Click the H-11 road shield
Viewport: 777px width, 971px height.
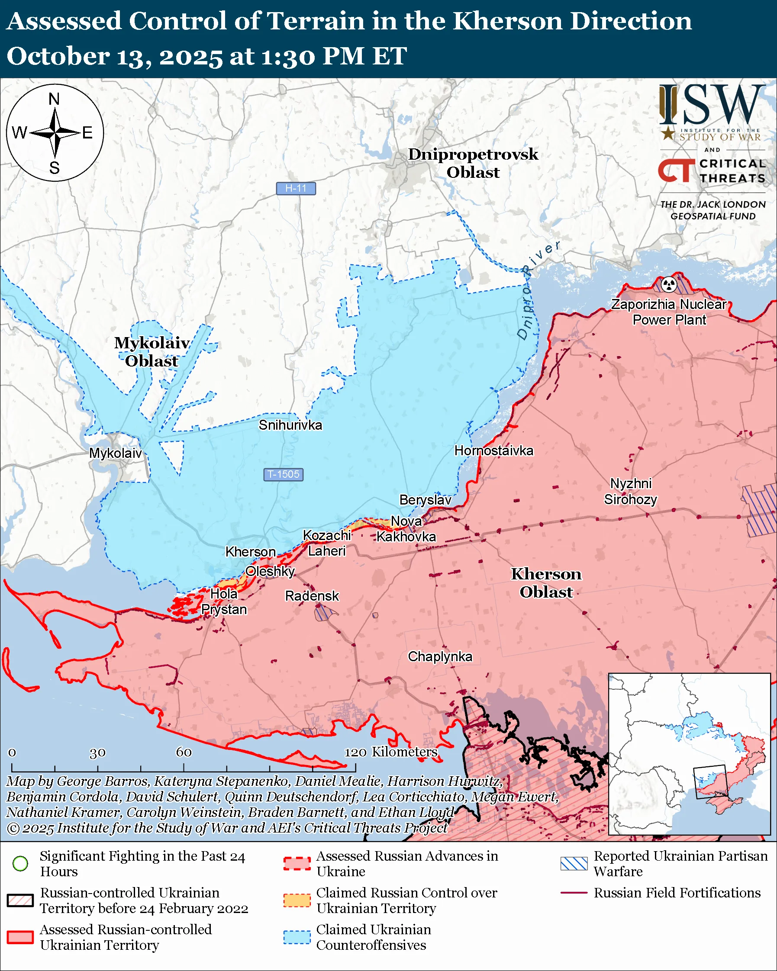296,188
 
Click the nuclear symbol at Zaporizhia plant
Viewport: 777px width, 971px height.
669,284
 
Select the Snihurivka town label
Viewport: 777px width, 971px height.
290,425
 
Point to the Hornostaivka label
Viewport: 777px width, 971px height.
493,450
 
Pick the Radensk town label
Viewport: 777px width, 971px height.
312,596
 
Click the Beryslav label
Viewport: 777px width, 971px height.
425,500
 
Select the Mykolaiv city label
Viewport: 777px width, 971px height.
115,453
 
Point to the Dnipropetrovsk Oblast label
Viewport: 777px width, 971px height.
473,163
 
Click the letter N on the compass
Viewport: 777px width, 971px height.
54,99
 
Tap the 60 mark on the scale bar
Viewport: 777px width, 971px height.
184,752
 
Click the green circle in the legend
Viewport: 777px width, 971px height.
20,863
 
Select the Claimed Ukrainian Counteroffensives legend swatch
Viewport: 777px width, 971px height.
297,937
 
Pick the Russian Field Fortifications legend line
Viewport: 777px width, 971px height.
574,893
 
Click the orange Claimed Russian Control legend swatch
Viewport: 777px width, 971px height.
297,900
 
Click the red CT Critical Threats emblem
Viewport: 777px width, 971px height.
677,170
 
